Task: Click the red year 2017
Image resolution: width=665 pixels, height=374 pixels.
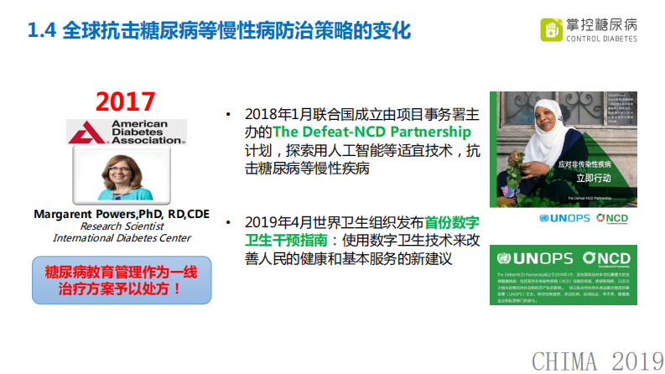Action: [125, 101]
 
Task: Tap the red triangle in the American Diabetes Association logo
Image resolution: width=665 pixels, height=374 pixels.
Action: [84, 132]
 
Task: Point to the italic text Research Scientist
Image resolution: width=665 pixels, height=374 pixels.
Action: [122, 226]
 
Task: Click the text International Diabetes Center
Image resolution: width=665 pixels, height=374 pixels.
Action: [122, 237]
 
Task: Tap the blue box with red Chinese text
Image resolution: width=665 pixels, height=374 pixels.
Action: [122, 280]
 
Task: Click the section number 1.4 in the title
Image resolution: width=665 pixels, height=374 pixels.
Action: [41, 32]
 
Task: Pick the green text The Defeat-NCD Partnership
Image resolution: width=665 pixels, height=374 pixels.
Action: [372, 132]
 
